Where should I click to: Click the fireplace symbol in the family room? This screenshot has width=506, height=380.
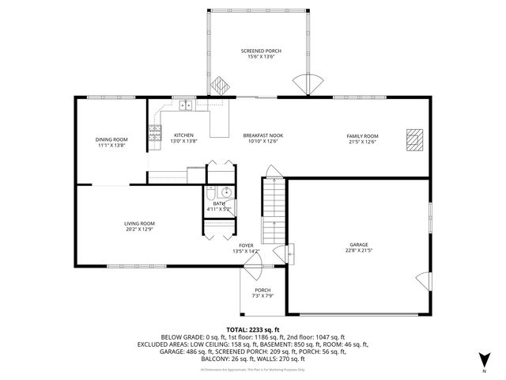413,139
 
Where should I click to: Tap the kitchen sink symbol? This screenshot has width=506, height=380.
186,104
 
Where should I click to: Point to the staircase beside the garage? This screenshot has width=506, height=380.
273,210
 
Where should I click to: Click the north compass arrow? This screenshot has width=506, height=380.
484,361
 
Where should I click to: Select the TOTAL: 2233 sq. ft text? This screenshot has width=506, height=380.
253,329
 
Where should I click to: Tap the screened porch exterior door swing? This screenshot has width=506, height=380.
308,83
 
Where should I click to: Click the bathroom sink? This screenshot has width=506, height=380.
225,192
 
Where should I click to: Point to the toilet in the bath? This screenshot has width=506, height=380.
211,194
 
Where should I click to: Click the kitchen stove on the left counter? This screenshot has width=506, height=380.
154,131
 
